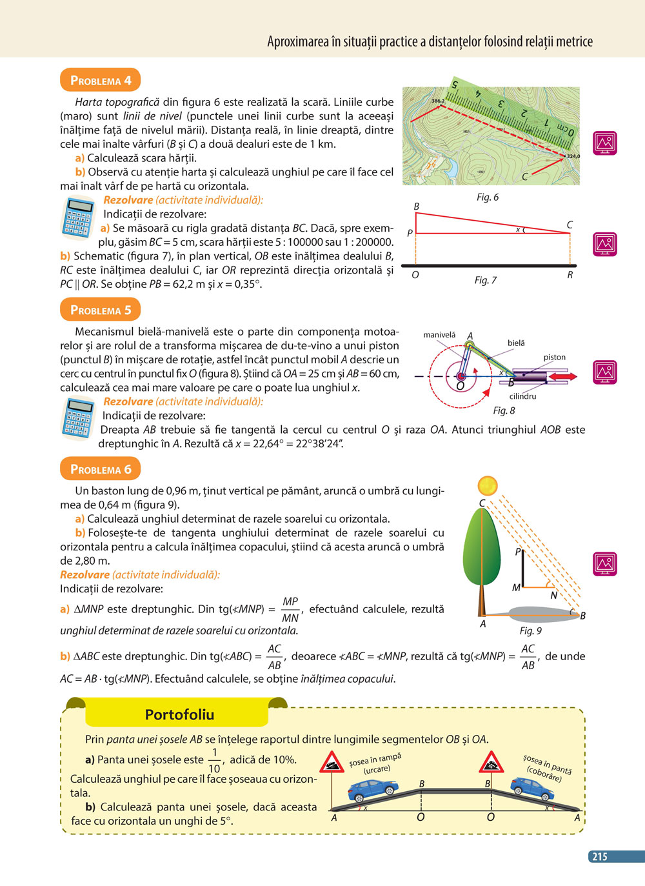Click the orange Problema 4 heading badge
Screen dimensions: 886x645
[x=100, y=81]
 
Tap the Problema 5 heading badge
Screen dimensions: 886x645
[x=100, y=310]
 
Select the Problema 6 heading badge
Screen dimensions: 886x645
[x=100, y=469]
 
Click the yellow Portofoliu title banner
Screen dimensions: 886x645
[x=179, y=714]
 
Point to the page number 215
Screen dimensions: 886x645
[x=600, y=856]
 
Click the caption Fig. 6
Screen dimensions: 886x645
[x=487, y=197]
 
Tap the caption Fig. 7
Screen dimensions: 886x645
[x=485, y=280]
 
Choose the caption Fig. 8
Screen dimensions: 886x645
[x=504, y=410]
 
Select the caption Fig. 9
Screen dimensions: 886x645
[x=530, y=630]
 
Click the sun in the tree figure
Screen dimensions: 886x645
[x=488, y=485]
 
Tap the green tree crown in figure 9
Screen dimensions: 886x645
[x=481, y=549]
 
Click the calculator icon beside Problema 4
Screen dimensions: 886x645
[x=79, y=217]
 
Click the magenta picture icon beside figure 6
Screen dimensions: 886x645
[x=605, y=143]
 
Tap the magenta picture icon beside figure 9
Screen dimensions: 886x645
[x=605, y=563]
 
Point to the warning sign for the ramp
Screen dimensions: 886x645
[x=332, y=762]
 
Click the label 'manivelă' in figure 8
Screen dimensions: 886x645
[x=439, y=335]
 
